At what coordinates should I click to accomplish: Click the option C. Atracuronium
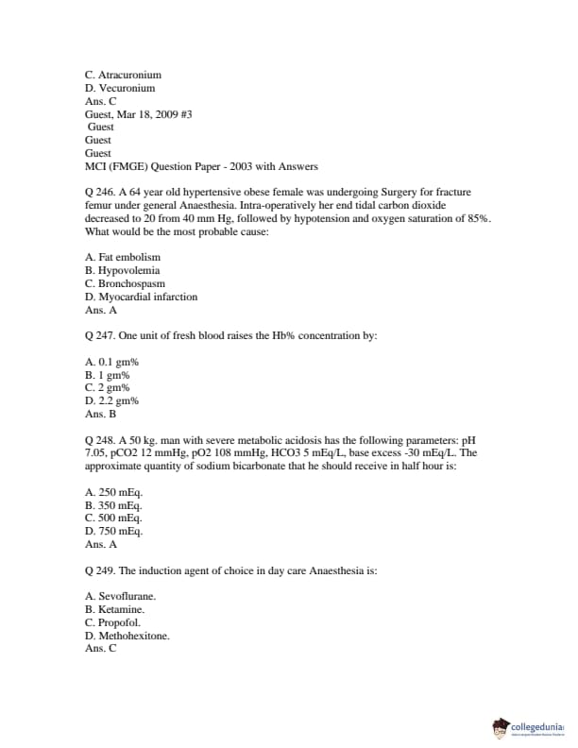point(123,74)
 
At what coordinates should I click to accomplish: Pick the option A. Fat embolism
point(123,257)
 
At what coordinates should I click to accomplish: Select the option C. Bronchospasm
point(125,283)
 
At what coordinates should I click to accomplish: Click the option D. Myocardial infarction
point(141,297)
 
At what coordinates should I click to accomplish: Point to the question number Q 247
point(99,335)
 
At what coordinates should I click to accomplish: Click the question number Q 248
point(99,439)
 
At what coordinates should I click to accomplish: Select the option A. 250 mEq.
point(114,492)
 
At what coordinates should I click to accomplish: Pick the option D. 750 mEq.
point(114,531)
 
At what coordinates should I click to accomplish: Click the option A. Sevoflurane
point(121,596)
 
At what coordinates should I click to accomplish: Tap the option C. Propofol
point(113,622)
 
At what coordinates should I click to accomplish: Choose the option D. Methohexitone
point(127,636)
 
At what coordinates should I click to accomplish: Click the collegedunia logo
point(529,727)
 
